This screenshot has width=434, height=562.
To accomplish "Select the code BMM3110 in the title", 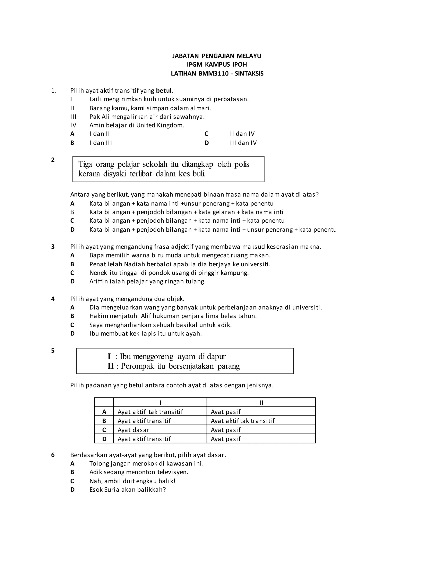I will pyautogui.click(x=213, y=74).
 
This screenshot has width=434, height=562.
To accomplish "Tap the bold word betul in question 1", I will pyautogui.click(x=164, y=91).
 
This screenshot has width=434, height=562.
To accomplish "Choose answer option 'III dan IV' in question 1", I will pyautogui.click(x=243, y=143).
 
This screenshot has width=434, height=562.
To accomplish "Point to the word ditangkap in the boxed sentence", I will pyautogui.click(x=198, y=164).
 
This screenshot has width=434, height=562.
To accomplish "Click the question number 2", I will pyautogui.click(x=53, y=160).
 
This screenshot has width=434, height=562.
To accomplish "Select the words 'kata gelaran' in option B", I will pyautogui.click(x=217, y=212).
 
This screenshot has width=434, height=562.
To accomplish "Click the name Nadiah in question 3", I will pyautogui.click(x=132, y=264).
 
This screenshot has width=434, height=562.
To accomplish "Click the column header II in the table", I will pyautogui.click(x=261, y=403).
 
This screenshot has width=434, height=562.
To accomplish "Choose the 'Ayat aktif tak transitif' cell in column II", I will pyautogui.click(x=243, y=421).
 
